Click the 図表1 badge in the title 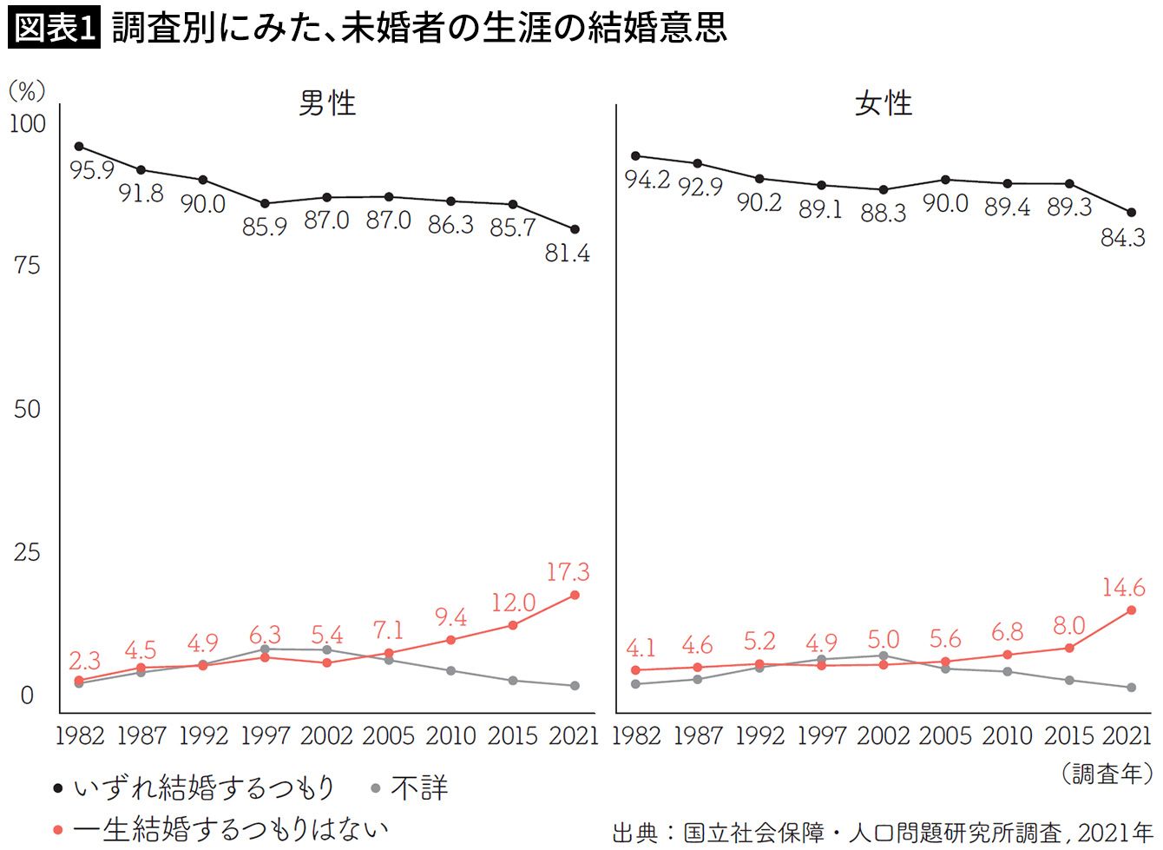pos(54,29)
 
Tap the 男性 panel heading pos(327,102)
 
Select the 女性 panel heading pos(884,102)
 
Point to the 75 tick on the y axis pos(27,266)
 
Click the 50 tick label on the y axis pos(27,409)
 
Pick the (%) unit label pos(27,91)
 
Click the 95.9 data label pos(92,170)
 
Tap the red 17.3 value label pos(568,571)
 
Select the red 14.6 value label pos(1124,588)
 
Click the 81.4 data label pos(568,254)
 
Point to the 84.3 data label pos(1123,238)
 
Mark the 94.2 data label pos(647,180)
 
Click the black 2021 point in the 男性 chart pos(575,229)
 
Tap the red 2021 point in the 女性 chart pos(1132,610)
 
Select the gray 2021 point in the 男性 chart pos(575,686)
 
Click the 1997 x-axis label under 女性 pos(821,735)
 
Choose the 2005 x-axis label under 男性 pos(388,735)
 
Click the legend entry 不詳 pos(411,788)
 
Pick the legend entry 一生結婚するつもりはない pos(221,830)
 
